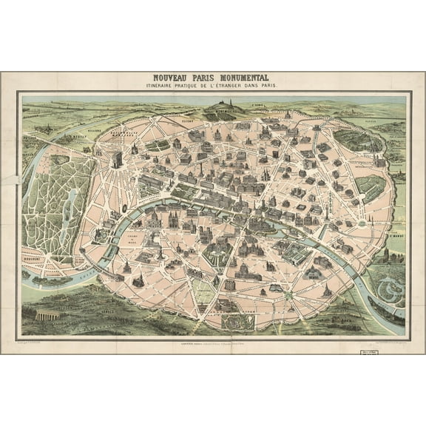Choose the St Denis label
(257, 104)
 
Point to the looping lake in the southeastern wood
(385, 282)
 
